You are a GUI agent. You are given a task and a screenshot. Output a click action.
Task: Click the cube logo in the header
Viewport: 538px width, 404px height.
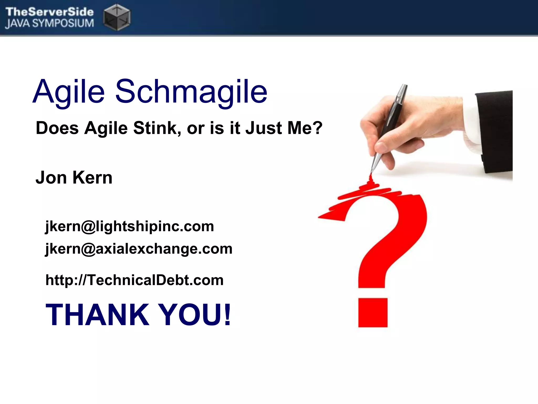[117, 17]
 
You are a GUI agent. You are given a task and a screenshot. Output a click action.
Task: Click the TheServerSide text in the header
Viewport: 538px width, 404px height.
[49, 12]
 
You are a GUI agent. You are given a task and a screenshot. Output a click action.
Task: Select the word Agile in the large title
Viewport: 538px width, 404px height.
[69, 92]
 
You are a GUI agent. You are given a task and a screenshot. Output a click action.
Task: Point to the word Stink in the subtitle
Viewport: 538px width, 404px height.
[157, 128]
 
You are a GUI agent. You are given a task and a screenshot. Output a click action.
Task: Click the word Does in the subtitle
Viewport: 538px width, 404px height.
[57, 128]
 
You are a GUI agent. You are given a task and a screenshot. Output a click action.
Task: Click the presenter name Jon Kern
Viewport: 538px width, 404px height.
[74, 178]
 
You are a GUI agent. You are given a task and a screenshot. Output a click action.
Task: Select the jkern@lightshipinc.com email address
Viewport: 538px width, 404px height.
[130, 226]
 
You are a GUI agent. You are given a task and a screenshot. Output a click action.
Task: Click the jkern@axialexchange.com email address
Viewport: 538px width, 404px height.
[139, 249]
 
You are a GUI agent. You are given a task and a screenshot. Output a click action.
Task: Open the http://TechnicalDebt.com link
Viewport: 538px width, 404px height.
[134, 280]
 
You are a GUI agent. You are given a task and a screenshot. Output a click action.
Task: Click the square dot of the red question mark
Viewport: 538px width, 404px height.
[373, 313]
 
